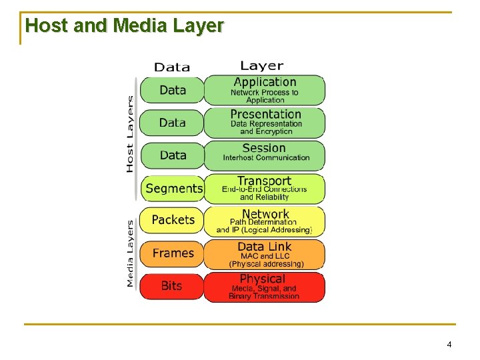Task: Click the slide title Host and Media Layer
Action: tap(124, 26)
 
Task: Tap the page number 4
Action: tap(449, 345)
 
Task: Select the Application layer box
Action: tap(265, 90)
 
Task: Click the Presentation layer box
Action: tap(265, 123)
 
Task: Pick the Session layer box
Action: tap(265, 155)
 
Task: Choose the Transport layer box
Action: tap(265, 188)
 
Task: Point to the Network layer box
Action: tap(265, 221)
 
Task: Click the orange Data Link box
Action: tap(265, 254)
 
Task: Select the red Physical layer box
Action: tap(265, 287)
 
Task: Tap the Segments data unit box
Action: tap(173, 189)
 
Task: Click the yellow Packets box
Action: tap(173, 220)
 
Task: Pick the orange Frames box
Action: tap(173, 253)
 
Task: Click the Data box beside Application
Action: tap(173, 90)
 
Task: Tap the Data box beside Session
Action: tap(173, 155)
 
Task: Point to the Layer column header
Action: tap(262, 65)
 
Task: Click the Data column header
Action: tap(172, 67)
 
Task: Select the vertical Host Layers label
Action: tap(129, 133)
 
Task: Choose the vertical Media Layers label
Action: tap(129, 253)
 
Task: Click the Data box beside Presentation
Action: tap(173, 123)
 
